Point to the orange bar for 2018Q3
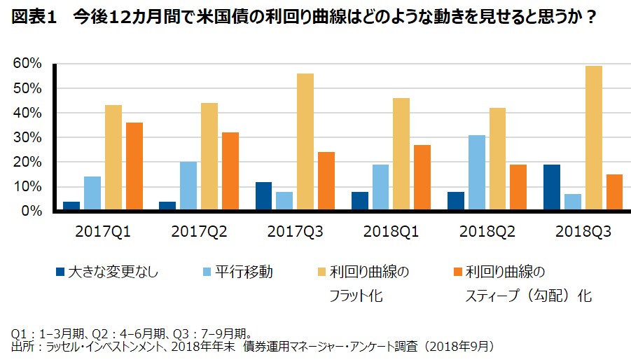pyautogui.click(x=614, y=193)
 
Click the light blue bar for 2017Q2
pyautogui.click(x=188, y=186)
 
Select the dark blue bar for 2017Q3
pyautogui.click(x=263, y=196)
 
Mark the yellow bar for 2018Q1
pyautogui.click(x=401, y=154)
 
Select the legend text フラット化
pyautogui.click(x=356, y=296)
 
